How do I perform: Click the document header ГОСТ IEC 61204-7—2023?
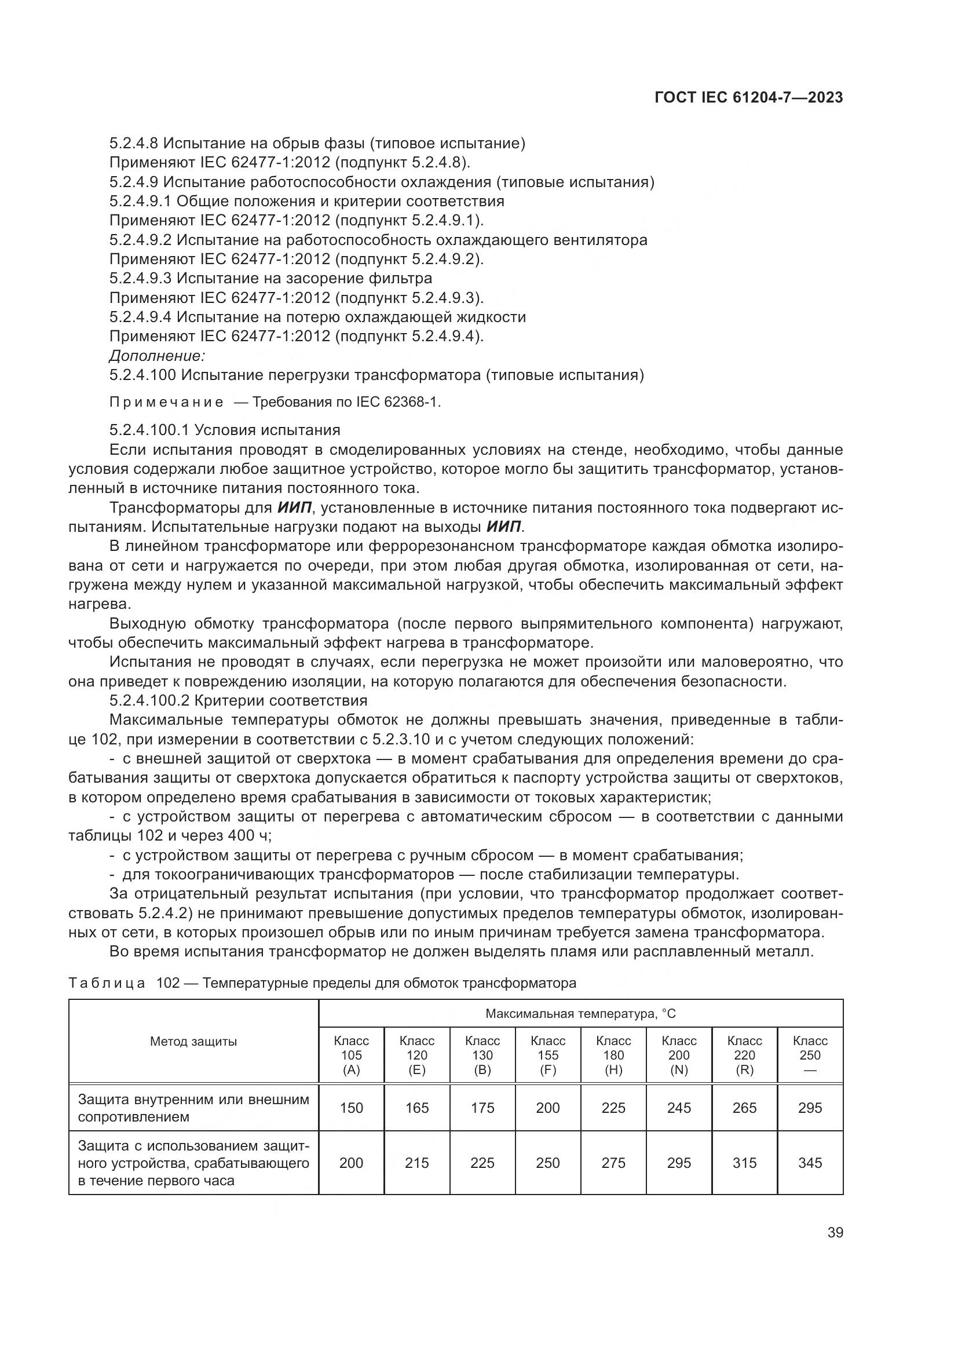click(748, 98)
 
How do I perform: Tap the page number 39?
click(835, 1232)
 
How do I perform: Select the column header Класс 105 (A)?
click(351, 1055)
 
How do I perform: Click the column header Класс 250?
click(810, 1055)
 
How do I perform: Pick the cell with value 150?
click(351, 1108)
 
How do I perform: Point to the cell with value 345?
click(810, 1163)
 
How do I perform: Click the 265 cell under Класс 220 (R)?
click(744, 1108)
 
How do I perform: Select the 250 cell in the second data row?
click(547, 1163)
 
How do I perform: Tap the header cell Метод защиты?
click(193, 1042)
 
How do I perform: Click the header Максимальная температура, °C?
click(580, 1014)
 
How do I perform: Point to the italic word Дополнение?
click(157, 356)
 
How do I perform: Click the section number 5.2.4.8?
click(134, 144)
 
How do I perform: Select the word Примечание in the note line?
click(166, 403)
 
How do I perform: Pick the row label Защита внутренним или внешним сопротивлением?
click(193, 1108)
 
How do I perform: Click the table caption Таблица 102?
click(124, 983)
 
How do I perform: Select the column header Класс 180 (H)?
click(613, 1055)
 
